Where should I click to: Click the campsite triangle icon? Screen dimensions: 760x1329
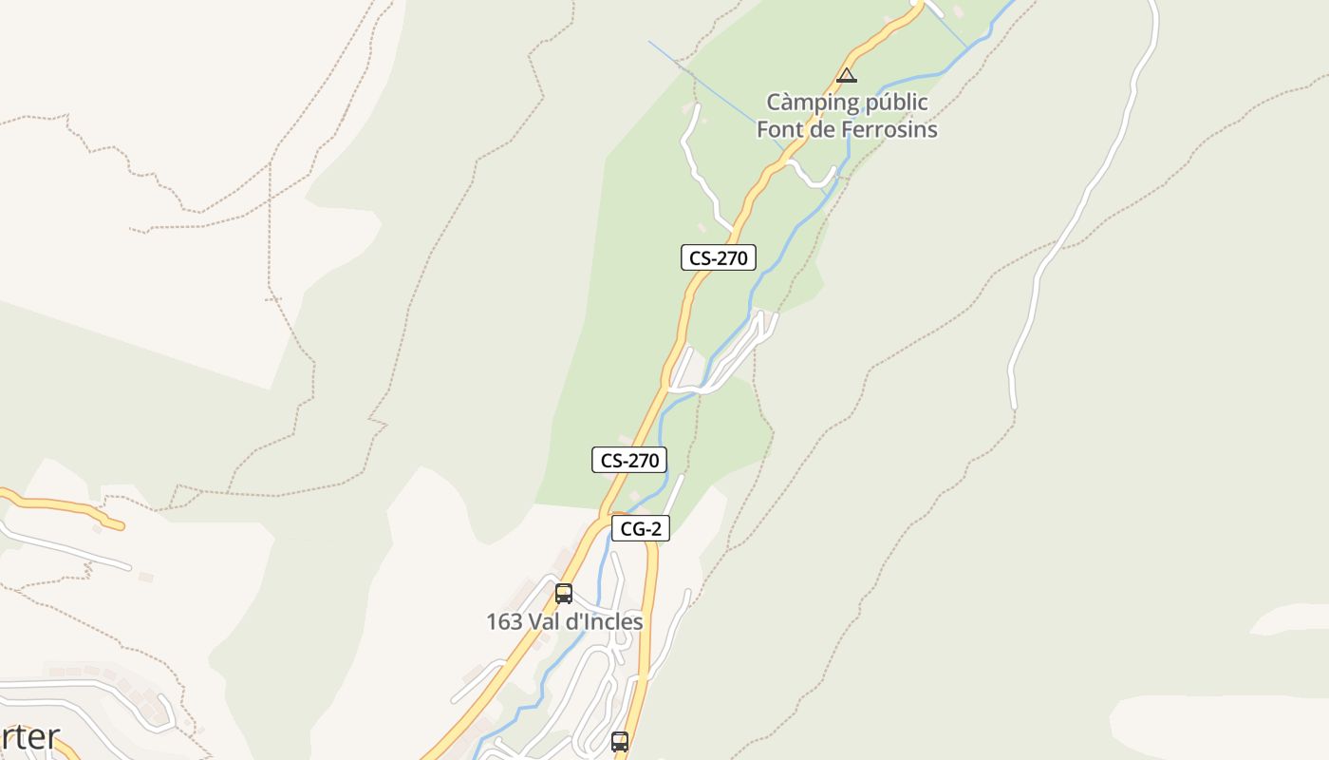click(846, 76)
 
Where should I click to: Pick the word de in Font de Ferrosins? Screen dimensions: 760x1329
click(824, 129)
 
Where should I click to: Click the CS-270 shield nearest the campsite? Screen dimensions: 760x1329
click(718, 257)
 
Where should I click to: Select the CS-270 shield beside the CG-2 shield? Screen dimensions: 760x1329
click(628, 460)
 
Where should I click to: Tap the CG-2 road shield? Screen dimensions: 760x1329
click(641, 529)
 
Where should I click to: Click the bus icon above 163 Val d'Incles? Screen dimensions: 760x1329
click(564, 594)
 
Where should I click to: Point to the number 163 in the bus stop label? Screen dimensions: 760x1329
click(504, 622)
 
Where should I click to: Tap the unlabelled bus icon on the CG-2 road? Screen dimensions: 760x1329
click(620, 741)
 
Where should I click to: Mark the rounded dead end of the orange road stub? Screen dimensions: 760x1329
click(119, 524)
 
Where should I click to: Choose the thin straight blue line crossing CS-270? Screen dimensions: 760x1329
click(702, 81)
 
